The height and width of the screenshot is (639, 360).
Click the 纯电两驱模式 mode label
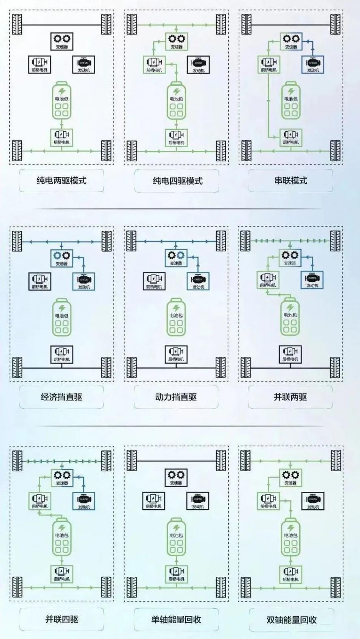point(62,180)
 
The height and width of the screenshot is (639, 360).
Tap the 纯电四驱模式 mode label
point(177,181)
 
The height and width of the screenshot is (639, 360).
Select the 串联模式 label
point(291,180)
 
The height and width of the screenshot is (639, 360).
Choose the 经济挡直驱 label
point(62,397)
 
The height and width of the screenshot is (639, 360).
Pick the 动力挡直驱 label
point(176,397)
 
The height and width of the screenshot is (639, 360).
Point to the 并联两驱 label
point(290,397)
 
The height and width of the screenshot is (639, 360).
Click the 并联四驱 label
point(62,619)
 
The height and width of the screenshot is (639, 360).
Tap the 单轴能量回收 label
point(176,620)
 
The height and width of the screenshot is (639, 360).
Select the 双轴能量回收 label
point(291,620)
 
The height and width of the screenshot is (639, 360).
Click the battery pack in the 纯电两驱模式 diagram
point(62,101)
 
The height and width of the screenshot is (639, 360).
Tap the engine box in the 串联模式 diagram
point(313,64)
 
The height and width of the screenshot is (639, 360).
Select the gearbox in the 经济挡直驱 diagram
point(62,258)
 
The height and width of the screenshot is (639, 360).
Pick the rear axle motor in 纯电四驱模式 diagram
point(176,137)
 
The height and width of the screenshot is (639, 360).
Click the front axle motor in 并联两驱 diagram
point(268,280)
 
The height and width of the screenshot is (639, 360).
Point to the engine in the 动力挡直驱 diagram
point(198,281)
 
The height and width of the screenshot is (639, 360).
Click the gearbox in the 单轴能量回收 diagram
point(176,477)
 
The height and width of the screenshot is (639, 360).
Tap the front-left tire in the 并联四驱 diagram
point(17,461)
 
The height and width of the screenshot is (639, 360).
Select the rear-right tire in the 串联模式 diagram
point(336,150)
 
